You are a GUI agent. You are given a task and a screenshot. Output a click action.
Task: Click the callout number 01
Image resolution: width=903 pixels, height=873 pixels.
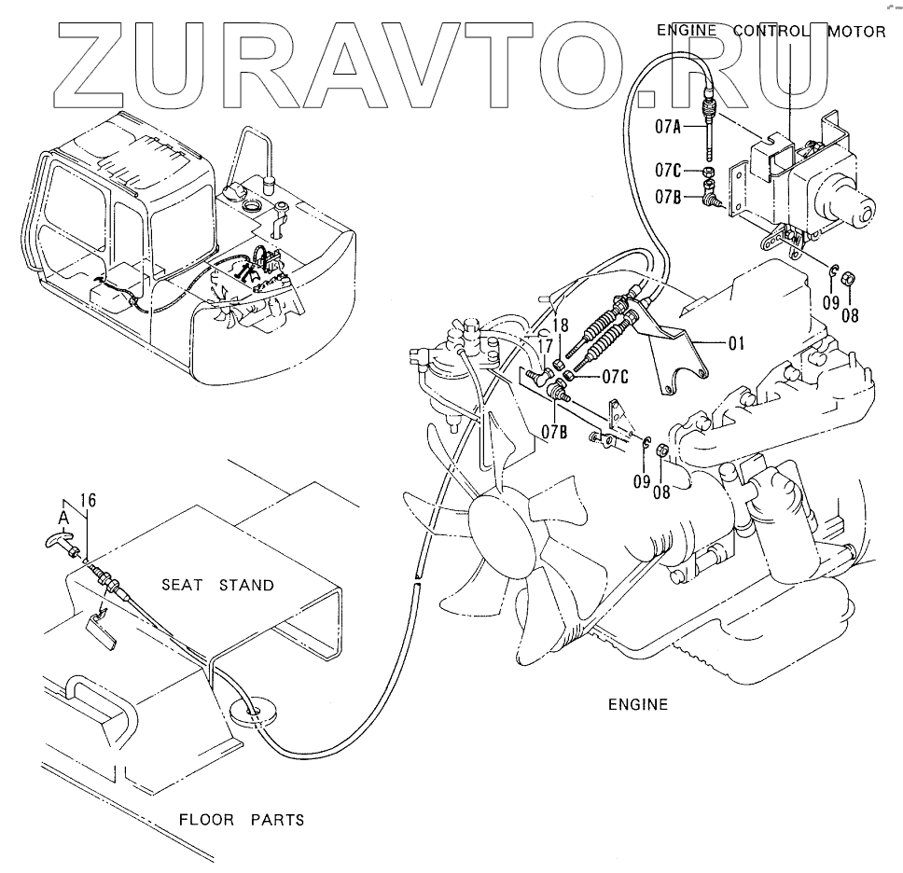(x=736, y=343)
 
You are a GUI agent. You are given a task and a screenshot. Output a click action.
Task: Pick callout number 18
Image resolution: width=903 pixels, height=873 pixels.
(x=560, y=324)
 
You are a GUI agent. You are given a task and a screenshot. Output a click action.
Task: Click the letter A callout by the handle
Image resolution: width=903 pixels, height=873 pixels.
(x=63, y=516)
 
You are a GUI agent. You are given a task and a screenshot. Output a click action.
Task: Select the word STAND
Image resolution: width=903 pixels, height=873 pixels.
(x=246, y=586)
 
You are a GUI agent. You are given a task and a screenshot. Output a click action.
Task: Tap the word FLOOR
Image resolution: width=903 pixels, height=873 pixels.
(x=205, y=821)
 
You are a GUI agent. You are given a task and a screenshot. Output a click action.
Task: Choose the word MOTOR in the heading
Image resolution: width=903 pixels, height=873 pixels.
(x=856, y=31)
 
